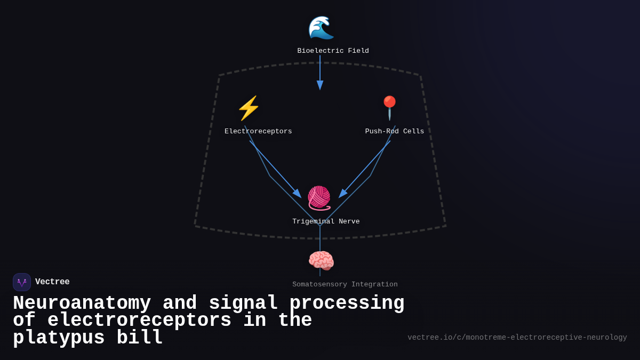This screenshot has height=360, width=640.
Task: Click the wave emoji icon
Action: pos(321,28)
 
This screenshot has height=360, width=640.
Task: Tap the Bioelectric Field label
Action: pos(333,51)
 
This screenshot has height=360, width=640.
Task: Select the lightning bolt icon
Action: pos(249,108)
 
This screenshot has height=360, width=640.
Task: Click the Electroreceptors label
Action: pos(258,132)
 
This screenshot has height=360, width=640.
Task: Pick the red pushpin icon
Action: pos(389,108)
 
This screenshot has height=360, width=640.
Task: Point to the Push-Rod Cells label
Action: pos(394,132)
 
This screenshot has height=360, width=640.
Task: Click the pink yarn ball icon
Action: pos(319,198)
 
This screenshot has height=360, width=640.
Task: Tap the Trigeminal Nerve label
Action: pos(326,222)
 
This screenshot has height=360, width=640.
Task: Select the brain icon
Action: pos(321,261)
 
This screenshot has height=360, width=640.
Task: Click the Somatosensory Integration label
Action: pos(345,285)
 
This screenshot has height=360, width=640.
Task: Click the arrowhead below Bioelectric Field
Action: pos(320,85)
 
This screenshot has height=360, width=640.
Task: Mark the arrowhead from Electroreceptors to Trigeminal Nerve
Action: pos(297,193)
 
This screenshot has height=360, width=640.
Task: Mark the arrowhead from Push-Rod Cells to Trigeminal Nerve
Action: pos(343,193)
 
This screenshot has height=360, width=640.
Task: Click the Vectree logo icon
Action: pos(22,282)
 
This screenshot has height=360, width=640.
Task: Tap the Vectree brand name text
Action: pos(52,282)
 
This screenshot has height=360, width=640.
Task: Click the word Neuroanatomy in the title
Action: pos(82,303)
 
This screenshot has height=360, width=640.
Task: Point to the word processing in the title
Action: pos(347,303)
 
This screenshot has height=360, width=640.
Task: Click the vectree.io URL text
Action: pos(517,338)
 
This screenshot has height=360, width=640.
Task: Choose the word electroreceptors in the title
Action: pos(139,321)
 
